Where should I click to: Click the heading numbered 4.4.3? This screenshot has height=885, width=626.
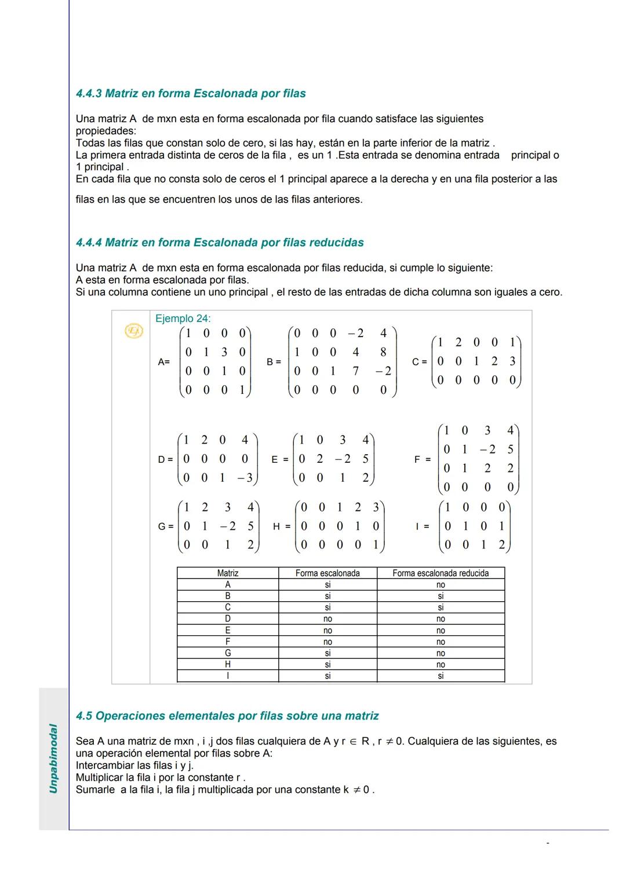tap(191, 94)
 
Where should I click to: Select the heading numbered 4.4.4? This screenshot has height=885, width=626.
tap(220, 243)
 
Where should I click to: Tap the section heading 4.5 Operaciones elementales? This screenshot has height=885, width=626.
tap(227, 716)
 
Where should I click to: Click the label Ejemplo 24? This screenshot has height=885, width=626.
tap(183, 319)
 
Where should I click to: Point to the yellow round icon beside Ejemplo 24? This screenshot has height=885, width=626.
tap(134, 331)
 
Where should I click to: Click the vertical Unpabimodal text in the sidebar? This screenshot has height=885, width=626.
tap(53, 758)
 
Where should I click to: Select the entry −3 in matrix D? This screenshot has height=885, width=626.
tap(245, 478)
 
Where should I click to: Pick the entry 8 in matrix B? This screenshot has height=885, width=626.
tap(383, 352)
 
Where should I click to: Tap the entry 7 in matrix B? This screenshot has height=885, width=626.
tap(355, 371)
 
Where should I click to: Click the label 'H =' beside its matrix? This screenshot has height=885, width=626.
tap(282, 526)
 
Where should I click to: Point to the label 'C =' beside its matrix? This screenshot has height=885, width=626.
tap(420, 362)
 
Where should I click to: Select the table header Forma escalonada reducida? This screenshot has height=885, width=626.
tap(441, 573)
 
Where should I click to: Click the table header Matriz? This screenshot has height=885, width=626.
tap(228, 573)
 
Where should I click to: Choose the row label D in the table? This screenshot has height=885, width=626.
tap(228, 619)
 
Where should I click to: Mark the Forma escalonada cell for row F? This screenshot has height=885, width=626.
tap(327, 642)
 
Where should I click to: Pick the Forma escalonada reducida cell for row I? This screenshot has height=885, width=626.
tap(441, 676)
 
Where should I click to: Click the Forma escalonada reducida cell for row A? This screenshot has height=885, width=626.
tap(441, 585)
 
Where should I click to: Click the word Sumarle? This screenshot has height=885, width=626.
tap(95, 790)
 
